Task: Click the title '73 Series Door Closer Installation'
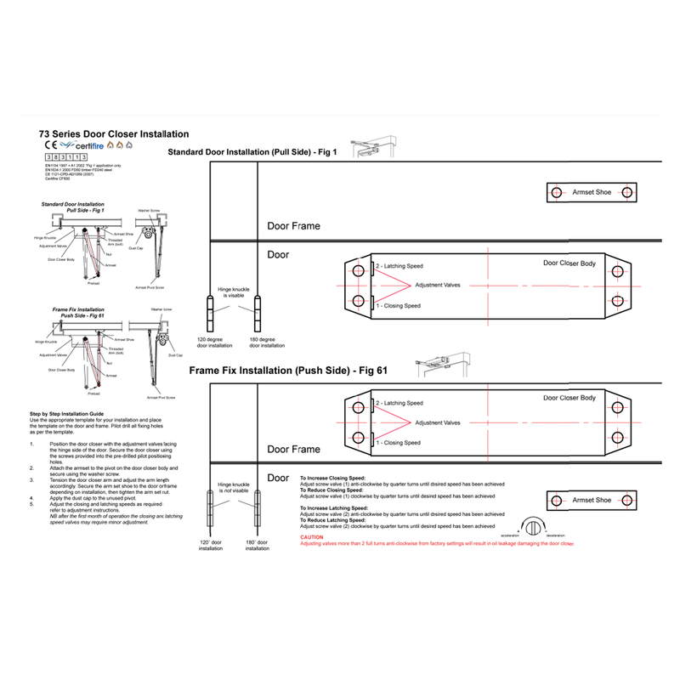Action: pyautogui.click(x=114, y=134)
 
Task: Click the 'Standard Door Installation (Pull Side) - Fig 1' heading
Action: pyautogui.click(x=252, y=152)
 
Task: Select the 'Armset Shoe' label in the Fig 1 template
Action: pyautogui.click(x=592, y=193)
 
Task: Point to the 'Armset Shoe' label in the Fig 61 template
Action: pyautogui.click(x=592, y=501)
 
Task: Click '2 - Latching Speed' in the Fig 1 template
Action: pyautogui.click(x=399, y=266)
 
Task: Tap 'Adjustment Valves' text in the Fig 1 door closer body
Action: pyautogui.click(x=438, y=286)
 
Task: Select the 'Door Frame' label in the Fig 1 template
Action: pyautogui.click(x=293, y=227)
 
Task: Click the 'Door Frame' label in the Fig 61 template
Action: pyautogui.click(x=293, y=449)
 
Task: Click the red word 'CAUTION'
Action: pyautogui.click(x=312, y=538)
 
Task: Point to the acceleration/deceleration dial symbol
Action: pyautogui.click(x=534, y=524)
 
